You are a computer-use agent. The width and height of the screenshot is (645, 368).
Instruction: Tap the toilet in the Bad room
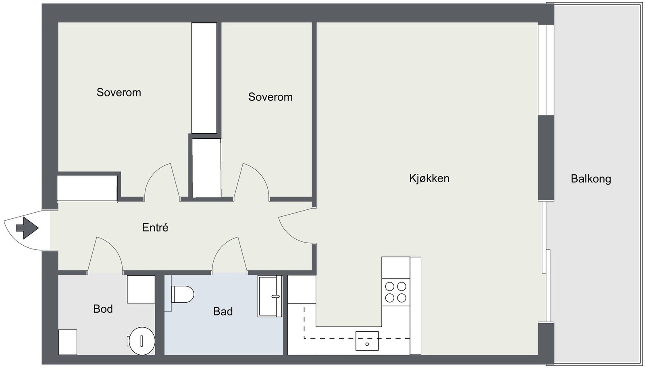click(183, 294)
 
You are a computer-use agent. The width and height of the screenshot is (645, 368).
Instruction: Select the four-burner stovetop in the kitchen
click(395, 292)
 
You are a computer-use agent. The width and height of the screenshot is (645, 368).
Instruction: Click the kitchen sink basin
click(367, 341)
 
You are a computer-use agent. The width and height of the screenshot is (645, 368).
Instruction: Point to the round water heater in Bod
click(141, 341)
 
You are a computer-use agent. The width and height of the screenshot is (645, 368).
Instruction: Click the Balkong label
click(591, 179)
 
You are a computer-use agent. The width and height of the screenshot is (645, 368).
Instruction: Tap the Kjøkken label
click(429, 178)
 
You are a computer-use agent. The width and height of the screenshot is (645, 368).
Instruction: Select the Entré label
click(155, 227)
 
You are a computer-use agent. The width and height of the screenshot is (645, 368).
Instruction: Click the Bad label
click(223, 311)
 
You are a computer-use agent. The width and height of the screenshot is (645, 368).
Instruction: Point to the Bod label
click(103, 309)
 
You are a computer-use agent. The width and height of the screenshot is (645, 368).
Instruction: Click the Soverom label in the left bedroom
click(119, 92)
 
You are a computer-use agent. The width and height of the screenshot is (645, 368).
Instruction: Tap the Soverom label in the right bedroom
click(270, 97)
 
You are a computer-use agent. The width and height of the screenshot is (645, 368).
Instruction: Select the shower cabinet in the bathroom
click(270, 296)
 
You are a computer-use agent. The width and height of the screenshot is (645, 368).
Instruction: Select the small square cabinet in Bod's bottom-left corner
click(68, 342)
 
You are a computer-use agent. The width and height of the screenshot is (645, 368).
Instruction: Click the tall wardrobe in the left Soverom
click(204, 78)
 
